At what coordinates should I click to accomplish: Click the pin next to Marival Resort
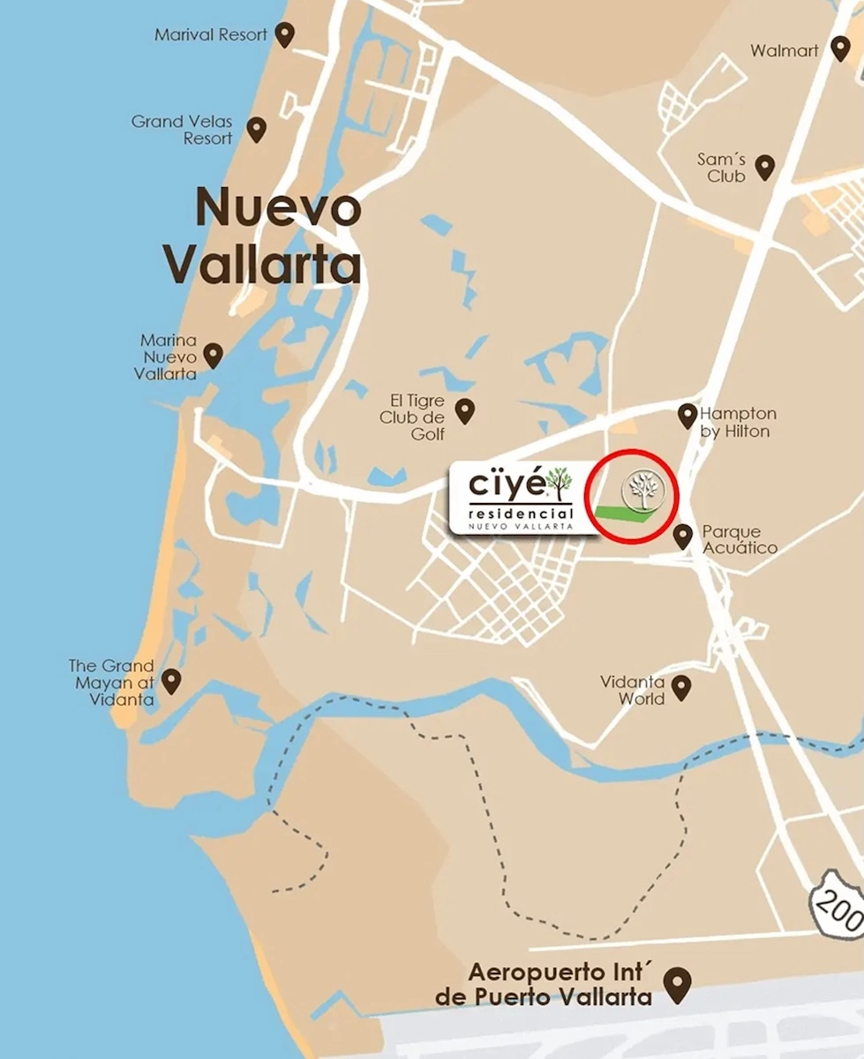pyautogui.click(x=284, y=34)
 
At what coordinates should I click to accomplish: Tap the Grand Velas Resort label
pyautogui.click(x=182, y=130)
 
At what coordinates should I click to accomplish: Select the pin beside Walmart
pyautogui.click(x=840, y=49)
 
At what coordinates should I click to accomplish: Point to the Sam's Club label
pyautogui.click(x=721, y=167)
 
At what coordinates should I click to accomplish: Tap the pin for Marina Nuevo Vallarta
pyautogui.click(x=213, y=355)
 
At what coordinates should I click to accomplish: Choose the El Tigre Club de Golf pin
pyautogui.click(x=464, y=409)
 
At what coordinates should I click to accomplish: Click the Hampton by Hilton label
pyautogui.click(x=738, y=422)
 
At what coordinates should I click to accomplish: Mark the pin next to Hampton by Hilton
pyautogui.click(x=687, y=415)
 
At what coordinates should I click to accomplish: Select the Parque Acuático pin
pyautogui.click(x=682, y=535)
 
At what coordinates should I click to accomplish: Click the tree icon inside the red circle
pyautogui.click(x=642, y=490)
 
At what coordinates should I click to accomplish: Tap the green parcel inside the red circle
pyautogui.click(x=627, y=518)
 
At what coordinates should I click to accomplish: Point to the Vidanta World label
pyautogui.click(x=633, y=690)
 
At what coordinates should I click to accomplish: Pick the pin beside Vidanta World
pyautogui.click(x=680, y=687)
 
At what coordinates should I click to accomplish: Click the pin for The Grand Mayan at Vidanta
pyautogui.click(x=171, y=680)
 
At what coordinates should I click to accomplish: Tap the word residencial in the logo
pyautogui.click(x=521, y=513)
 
